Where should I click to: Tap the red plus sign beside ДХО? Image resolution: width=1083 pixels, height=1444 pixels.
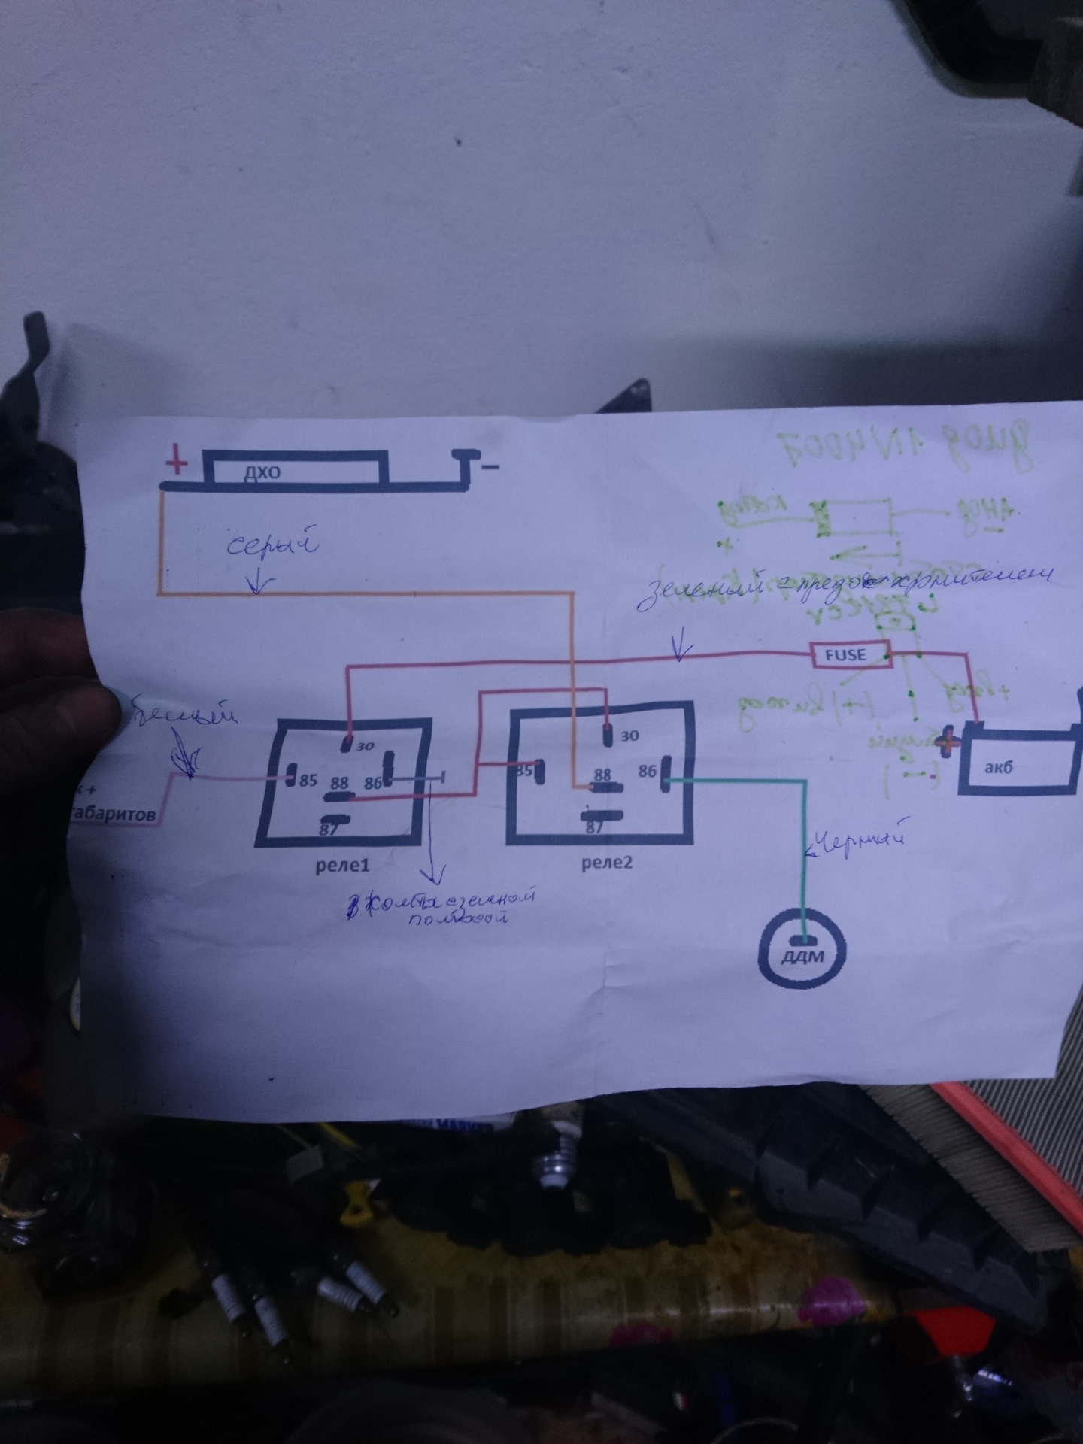[x=177, y=462]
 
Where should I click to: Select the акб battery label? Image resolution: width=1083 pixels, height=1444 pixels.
[x=997, y=768]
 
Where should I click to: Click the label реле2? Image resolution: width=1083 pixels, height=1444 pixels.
[x=607, y=863]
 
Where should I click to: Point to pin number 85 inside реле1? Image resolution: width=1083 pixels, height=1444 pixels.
[x=308, y=779]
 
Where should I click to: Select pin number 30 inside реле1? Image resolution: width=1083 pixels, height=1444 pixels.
[x=365, y=747]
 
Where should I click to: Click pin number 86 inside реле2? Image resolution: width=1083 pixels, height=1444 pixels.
[x=648, y=771]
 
